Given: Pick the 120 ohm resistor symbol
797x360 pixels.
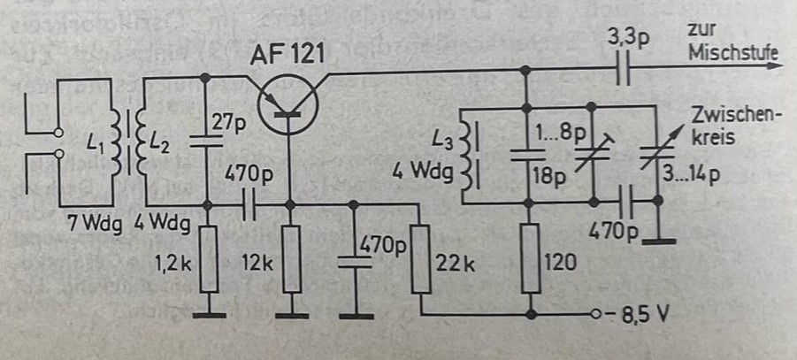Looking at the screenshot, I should [529, 258].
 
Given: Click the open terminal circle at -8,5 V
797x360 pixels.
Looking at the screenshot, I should [599, 314].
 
